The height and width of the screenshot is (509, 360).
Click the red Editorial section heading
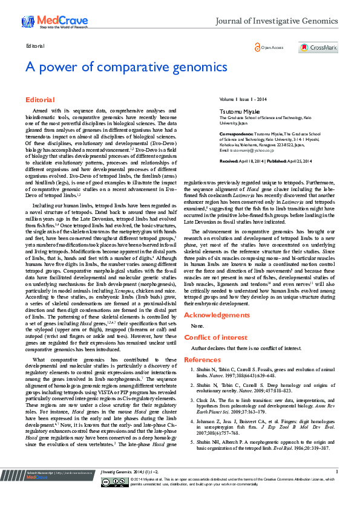click(40, 99)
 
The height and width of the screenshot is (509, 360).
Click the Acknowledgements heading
click(217, 316)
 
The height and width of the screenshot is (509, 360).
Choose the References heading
click(202, 360)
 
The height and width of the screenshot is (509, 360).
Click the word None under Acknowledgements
click(197, 326)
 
